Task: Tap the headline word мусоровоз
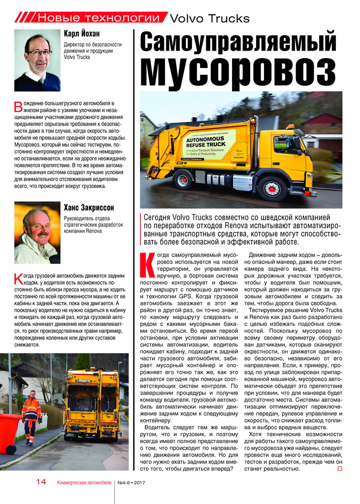pos(239,71)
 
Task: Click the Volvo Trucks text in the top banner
pos(209,19)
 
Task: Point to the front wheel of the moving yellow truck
pos(271,189)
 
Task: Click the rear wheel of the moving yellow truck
pos(183,180)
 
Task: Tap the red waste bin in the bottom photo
pos(10,433)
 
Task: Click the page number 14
pos(41,482)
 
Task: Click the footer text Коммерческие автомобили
pos(84,483)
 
